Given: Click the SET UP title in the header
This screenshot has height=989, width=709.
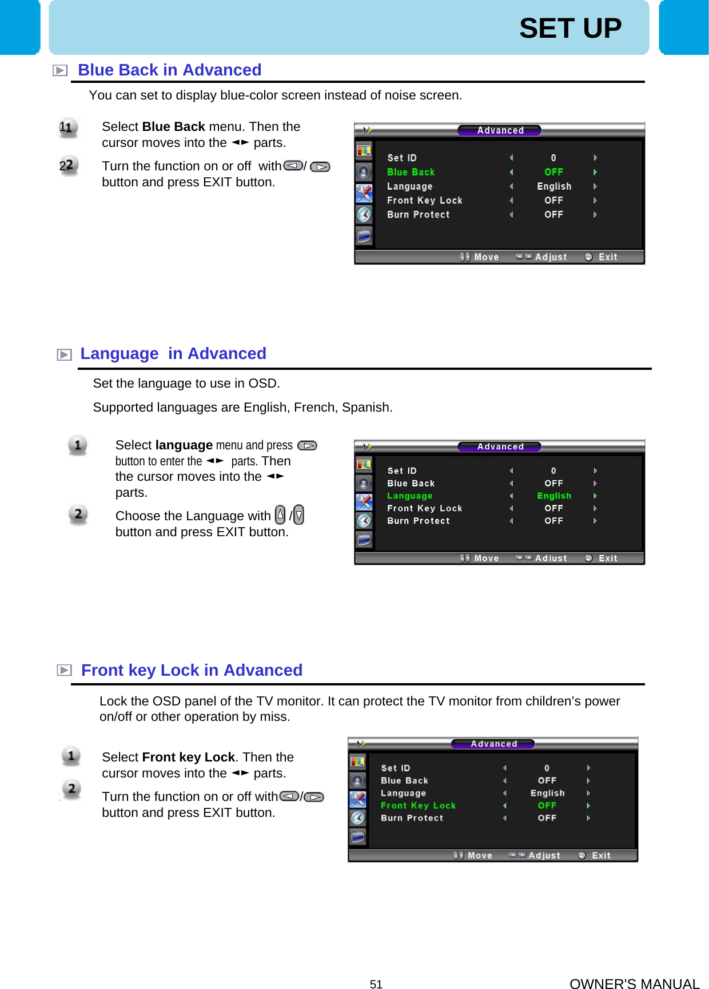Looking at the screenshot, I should (570, 28).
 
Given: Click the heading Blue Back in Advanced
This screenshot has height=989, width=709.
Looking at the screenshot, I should (169, 70).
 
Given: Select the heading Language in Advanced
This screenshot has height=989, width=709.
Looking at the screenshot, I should (173, 353).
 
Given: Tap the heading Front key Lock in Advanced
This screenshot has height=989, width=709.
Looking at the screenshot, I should (191, 670).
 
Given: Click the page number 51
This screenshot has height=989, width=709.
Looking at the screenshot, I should (376, 984).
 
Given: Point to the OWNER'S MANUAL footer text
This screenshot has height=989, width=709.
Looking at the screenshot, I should (634, 983).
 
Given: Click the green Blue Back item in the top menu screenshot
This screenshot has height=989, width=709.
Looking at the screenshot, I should (411, 172).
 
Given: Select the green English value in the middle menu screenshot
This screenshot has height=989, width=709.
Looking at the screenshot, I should (553, 496).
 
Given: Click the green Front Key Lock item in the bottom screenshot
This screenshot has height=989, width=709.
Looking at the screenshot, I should (418, 805).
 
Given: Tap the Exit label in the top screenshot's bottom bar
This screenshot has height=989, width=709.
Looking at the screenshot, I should (607, 257).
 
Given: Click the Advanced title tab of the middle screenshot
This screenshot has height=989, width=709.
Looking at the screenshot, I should (500, 446).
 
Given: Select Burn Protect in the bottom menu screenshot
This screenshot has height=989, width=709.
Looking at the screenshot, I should (412, 818).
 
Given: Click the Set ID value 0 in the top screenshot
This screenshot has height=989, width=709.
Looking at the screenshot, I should (553, 158).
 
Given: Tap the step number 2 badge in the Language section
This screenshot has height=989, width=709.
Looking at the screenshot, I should (78, 514).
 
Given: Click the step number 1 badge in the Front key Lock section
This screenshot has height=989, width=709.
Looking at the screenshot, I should (71, 756).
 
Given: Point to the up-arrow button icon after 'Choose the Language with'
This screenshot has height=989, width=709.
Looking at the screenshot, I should (280, 515).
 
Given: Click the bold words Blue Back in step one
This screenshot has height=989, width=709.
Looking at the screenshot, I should (173, 126).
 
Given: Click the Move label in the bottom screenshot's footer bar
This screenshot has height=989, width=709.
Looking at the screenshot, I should (479, 856).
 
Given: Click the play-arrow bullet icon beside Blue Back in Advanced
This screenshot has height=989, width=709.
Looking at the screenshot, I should (60, 70).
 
